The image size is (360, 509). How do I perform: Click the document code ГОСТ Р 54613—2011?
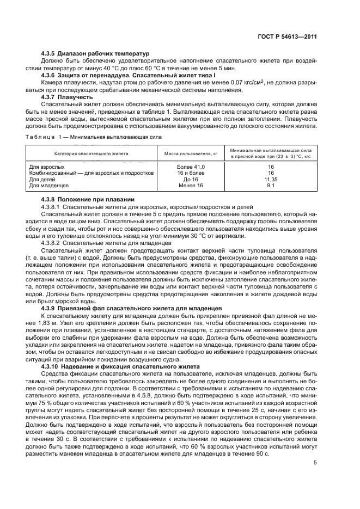click(x=288, y=36)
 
